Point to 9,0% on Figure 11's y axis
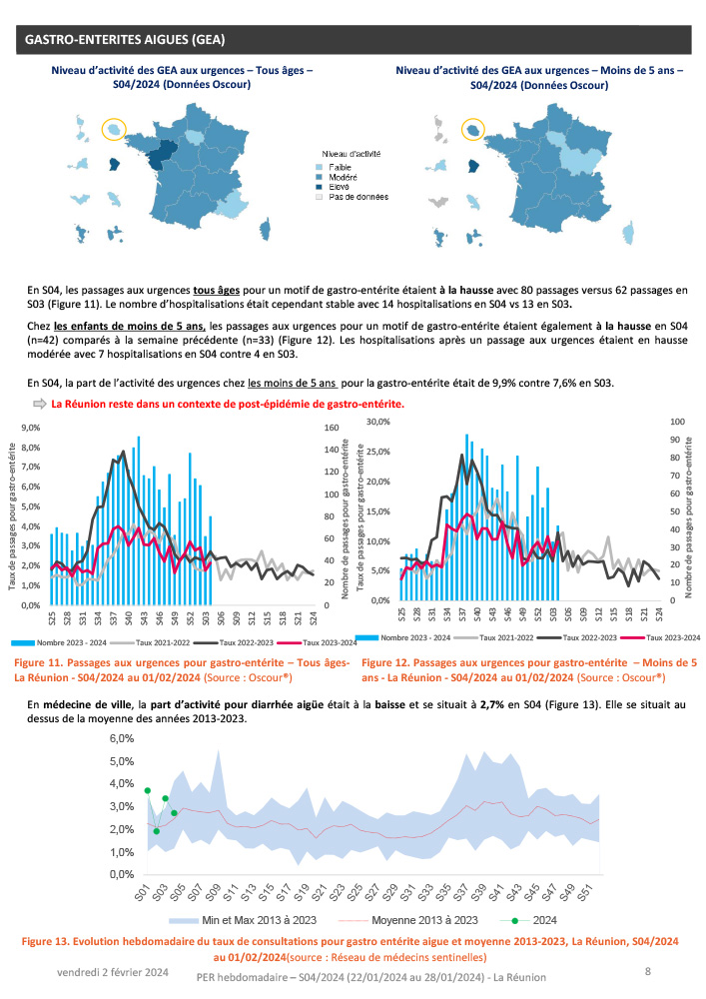27,427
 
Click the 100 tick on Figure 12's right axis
676,422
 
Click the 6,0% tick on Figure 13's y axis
121,739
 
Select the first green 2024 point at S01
147,790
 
